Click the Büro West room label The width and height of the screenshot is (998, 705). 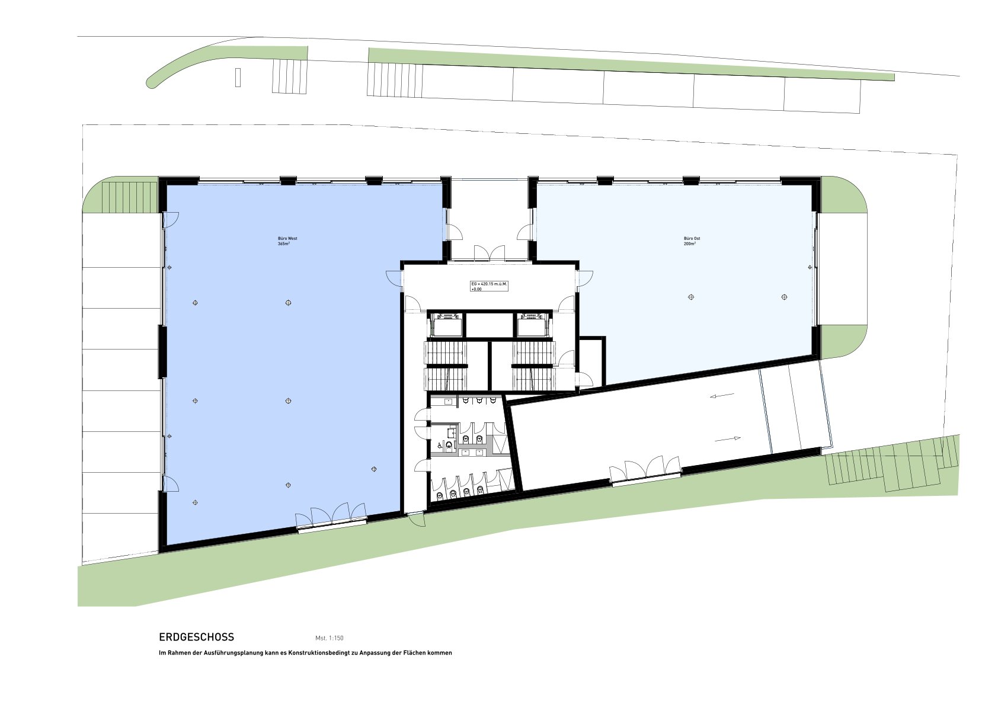(287, 238)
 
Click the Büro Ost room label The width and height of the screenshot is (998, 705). (692, 238)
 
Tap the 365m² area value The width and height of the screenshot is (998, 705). (284, 243)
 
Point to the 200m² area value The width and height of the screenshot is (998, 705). (690, 243)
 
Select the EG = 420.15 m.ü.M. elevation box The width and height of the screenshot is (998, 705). (489, 286)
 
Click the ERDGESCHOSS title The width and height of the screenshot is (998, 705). (197, 637)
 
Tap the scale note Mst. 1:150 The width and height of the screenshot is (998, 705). (330, 638)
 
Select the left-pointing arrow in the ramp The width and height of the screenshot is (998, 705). (722, 395)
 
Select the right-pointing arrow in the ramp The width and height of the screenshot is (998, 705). (728, 438)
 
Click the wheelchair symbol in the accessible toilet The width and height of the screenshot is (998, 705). (440, 444)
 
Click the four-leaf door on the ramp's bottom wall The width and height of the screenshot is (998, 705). (645, 469)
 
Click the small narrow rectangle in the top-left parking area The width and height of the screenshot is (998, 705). (238, 78)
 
